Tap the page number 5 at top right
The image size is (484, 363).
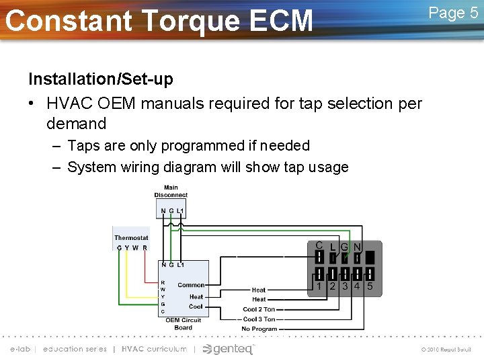473,13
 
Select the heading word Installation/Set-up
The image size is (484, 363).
100,79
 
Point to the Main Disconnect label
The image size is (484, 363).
171,192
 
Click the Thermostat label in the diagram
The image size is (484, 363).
131,237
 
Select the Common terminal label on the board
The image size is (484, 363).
191,285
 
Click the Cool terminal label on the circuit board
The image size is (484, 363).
196,307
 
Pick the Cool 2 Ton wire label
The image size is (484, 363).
259,310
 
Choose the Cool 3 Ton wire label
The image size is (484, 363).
259,319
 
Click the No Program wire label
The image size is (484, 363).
259,329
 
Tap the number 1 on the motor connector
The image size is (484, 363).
320,286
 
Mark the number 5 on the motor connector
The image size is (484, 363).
370,286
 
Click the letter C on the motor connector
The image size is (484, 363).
319,246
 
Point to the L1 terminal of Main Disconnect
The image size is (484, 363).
180,212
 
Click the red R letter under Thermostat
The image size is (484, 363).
145,247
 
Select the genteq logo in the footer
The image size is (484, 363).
229,349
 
